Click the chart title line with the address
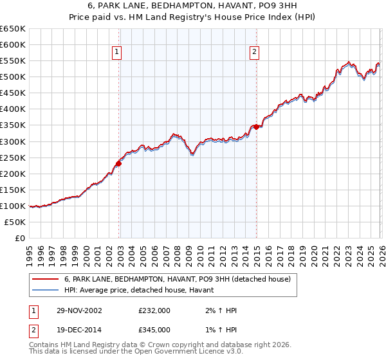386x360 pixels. pos(192,6)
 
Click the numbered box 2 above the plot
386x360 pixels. pos(255,53)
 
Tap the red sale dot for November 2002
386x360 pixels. pos(119,163)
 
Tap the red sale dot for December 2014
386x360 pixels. pos(257,127)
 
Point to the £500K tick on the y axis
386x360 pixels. pos(14,77)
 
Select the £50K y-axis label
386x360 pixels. pos(15,222)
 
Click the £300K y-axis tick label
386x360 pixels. pos(14,141)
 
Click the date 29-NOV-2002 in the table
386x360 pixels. pos(79,310)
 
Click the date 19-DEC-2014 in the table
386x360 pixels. pos(79,330)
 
